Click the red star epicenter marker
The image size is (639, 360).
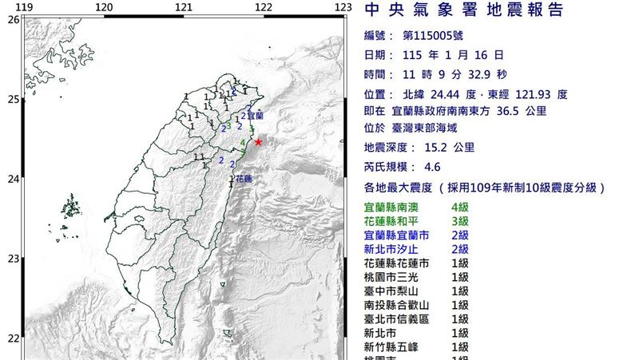[257, 142]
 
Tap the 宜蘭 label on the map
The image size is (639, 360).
[256, 115]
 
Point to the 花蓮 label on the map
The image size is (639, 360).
[244, 179]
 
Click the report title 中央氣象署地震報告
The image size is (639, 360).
[463, 10]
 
